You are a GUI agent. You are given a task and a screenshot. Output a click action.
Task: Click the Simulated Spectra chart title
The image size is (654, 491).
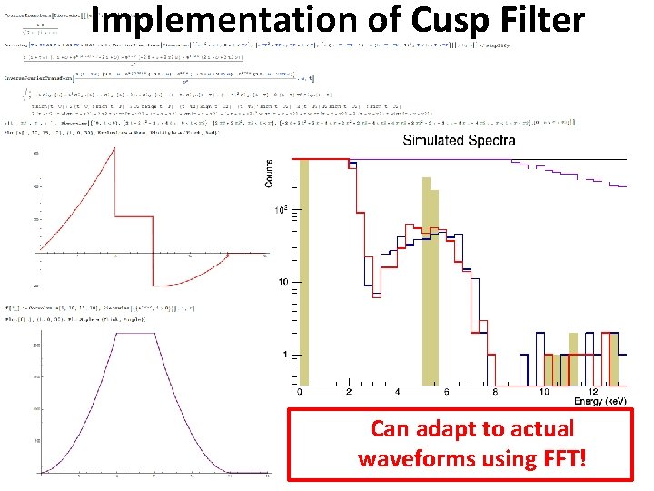[459, 140]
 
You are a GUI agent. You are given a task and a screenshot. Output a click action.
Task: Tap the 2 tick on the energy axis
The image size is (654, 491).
[350, 393]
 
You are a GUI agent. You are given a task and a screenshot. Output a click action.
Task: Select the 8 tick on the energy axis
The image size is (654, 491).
[495, 393]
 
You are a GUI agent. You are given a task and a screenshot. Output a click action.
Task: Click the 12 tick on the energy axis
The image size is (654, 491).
[591, 393]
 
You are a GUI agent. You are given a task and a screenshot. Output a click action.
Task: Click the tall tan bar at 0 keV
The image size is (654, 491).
[304, 273]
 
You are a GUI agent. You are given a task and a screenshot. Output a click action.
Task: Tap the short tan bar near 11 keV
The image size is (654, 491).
[572, 358]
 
